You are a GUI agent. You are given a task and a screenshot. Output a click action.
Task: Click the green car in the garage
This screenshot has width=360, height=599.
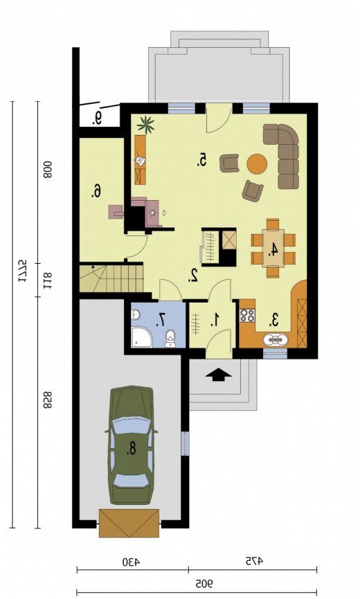[x=131, y=445]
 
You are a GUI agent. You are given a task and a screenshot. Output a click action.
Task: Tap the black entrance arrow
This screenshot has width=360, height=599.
[x=218, y=375]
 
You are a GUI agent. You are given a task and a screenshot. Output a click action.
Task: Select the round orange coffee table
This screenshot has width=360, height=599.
[x=257, y=164]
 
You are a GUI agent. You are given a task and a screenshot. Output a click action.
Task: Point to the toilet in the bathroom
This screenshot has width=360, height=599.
[x=170, y=338]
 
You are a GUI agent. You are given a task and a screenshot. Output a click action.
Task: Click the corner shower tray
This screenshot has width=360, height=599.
[x=141, y=337]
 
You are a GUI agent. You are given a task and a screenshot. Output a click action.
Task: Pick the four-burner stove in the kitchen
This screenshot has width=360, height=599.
[x=247, y=316]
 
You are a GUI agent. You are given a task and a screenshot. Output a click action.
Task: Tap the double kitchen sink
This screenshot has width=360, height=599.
[x=274, y=339]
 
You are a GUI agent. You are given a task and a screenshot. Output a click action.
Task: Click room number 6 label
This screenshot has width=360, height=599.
[x=97, y=190]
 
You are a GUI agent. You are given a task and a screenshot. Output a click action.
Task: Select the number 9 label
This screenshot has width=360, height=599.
[x=98, y=118]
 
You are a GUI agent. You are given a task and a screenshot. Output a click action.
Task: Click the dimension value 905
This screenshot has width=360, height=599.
[x=204, y=584]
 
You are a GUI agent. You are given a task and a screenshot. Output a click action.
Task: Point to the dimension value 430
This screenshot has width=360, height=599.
[x=131, y=562]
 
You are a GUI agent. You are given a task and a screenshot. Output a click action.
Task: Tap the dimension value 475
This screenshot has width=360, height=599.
[x=254, y=561]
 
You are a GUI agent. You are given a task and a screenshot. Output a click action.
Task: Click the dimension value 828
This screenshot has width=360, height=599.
[x=47, y=400]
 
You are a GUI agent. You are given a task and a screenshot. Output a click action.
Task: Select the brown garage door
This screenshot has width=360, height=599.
[x=129, y=523]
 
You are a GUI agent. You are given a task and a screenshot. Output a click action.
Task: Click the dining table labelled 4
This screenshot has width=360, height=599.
[x=273, y=248]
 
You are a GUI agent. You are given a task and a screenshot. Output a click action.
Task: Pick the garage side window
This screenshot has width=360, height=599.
[x=185, y=443]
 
